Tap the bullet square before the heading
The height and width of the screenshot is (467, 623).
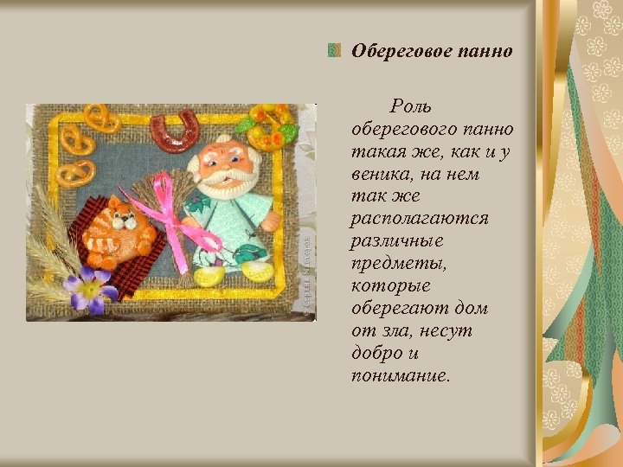coord(334,50)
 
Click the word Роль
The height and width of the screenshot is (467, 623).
coord(411,106)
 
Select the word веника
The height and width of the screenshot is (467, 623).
coord(382,174)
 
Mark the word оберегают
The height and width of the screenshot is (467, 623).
coord(398,309)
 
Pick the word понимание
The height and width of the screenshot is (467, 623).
coord(401,376)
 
